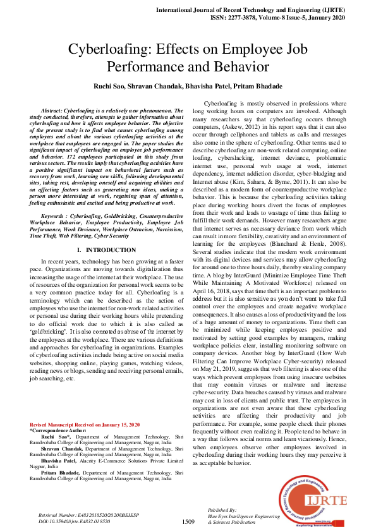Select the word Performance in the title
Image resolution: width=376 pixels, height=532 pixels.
pos(148,66)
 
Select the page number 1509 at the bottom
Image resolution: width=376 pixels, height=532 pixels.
pos(188,521)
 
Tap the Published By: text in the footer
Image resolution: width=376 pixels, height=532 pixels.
pos(222,509)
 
